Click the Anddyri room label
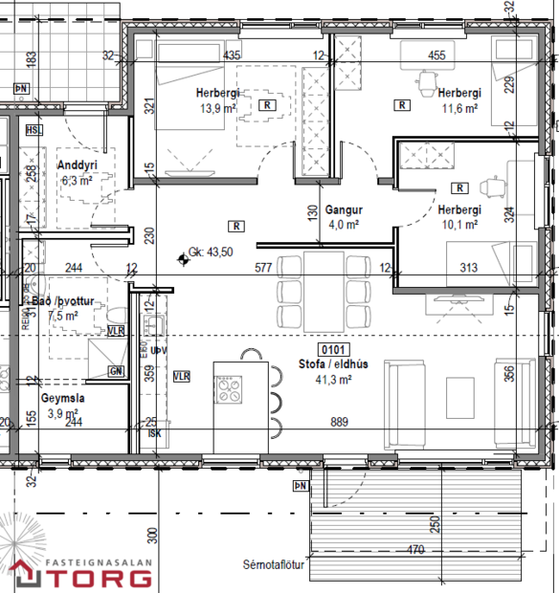pyautogui.click(x=78, y=165)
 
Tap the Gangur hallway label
pyautogui.click(x=341, y=210)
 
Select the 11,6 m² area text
pyautogui.click(x=458, y=109)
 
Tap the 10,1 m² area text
pyautogui.click(x=458, y=226)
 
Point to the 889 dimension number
pyautogui.click(x=339, y=422)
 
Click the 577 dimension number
pyautogui.click(x=264, y=268)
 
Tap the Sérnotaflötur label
pyautogui.click(x=276, y=565)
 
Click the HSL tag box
pyautogui.click(x=35, y=130)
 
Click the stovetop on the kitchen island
pyautogui.click(x=232, y=390)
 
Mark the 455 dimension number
pyautogui.click(x=436, y=55)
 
